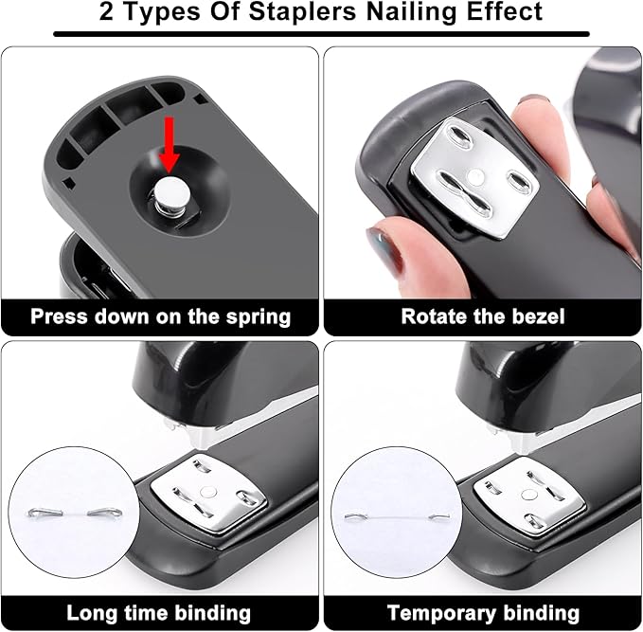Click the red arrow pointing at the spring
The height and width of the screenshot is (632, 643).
(169, 145)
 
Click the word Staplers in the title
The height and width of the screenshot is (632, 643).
(303, 12)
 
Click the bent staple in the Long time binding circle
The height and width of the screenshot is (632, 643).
(76, 513)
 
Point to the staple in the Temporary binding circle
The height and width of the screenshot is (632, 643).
(397, 515)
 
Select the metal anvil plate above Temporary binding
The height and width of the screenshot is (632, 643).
(529, 498)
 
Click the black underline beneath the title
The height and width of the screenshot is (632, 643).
(322, 34)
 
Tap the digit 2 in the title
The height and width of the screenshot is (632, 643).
(106, 12)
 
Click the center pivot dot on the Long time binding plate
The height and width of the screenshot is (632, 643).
(208, 491)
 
